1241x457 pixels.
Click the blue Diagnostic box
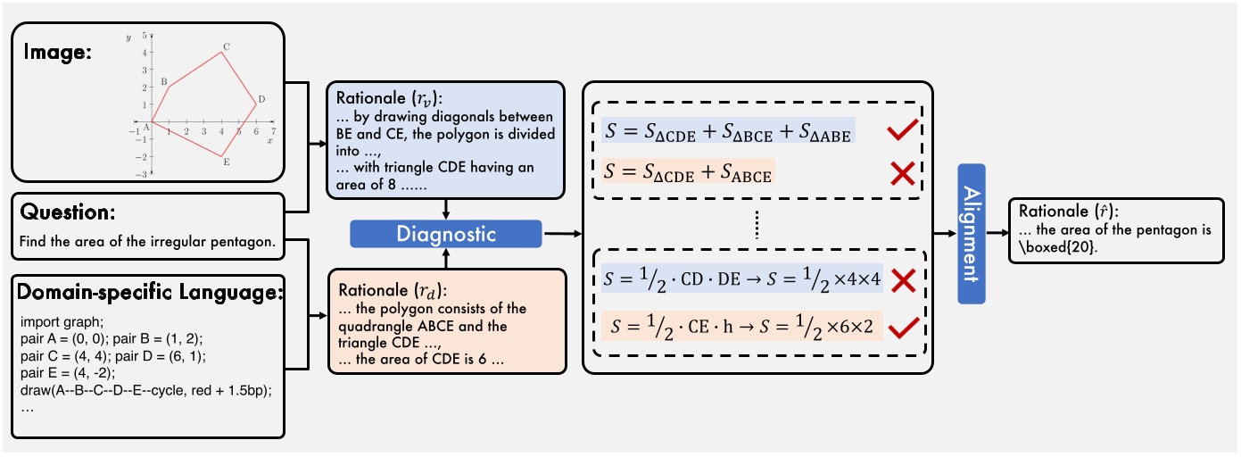[x=447, y=234]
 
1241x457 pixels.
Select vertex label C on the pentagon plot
[x=227, y=46]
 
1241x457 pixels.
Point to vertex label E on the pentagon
[x=227, y=162]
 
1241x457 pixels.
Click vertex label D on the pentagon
[x=261, y=99]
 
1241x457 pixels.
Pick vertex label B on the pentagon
[x=164, y=81]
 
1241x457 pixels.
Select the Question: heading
[x=62, y=215]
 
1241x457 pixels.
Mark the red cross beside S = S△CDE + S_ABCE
[x=902, y=172]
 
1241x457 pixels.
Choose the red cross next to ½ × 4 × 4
[x=902, y=280]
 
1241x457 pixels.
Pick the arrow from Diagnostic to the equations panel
[x=561, y=234]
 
